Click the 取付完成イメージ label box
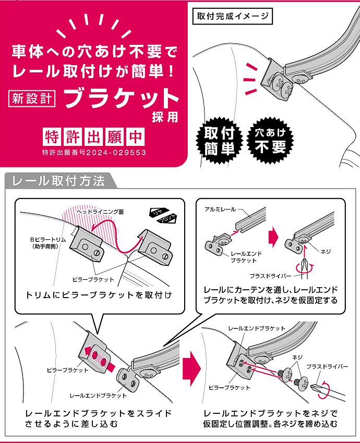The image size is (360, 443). pyautogui.click(x=233, y=16)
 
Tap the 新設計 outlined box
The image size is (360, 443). pyautogui.click(x=32, y=99)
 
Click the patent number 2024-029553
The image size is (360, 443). pyautogui.click(x=116, y=153)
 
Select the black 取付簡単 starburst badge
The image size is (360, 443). pyautogui.click(x=219, y=140)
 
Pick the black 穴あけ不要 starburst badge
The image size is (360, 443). pyautogui.click(x=270, y=140)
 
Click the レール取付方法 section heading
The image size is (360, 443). pyautogui.click(x=58, y=181)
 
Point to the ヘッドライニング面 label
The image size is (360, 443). pyautogui.click(x=100, y=212)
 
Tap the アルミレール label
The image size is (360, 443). pyautogui.click(x=220, y=210)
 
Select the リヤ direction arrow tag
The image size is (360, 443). pyautogui.click(x=159, y=213)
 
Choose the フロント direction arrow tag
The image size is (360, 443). pyautogui.click(x=167, y=219)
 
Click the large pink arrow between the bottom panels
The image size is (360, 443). pyautogui.click(x=191, y=368)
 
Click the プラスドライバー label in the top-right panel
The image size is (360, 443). pyautogui.click(x=270, y=276)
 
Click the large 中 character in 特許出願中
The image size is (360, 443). pyautogui.click(x=136, y=137)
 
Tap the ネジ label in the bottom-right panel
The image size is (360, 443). pyautogui.click(x=297, y=357)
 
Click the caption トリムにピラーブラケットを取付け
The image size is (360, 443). pyautogui.click(x=99, y=295)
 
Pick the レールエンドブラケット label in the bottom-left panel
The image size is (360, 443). pyautogui.click(x=98, y=396)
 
